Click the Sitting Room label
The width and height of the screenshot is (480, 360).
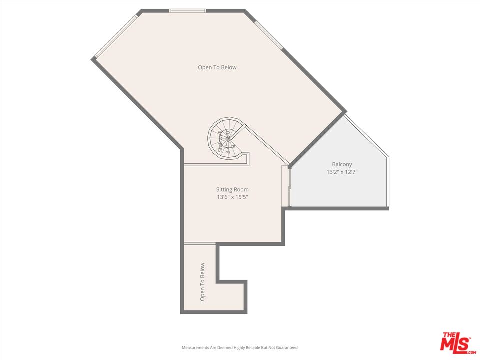click(x=232, y=189)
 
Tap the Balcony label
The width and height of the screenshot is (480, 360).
click(x=342, y=164)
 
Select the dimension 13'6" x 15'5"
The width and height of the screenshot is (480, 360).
click(x=232, y=197)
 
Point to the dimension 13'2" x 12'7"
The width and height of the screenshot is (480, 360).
click(x=342, y=172)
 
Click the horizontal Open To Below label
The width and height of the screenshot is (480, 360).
click(x=217, y=67)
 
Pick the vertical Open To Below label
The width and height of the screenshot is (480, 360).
click(x=203, y=281)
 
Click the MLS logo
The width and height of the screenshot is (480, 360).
click(x=456, y=342)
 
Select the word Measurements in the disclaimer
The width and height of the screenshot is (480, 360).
click(x=196, y=347)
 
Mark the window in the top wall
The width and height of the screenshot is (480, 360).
click(x=188, y=11)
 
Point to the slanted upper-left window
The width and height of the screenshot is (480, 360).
click(x=116, y=35)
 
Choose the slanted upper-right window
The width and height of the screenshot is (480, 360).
click(x=269, y=35)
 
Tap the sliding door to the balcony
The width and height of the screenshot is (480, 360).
click(x=287, y=186)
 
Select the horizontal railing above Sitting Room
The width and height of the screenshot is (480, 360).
click(x=215, y=165)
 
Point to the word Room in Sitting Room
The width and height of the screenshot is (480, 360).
click(x=241, y=189)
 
